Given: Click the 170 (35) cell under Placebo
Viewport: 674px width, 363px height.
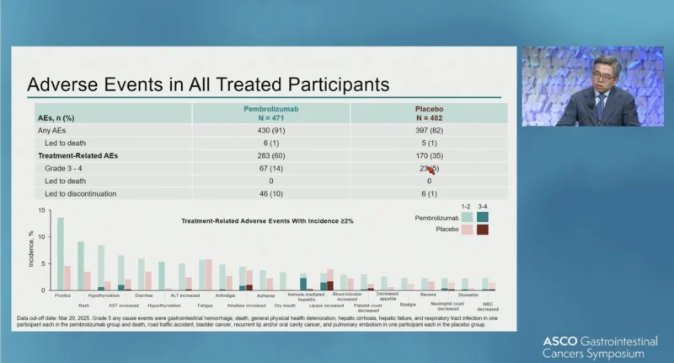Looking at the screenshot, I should click(429, 155).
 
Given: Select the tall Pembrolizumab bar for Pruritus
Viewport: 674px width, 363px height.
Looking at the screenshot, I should click(60, 253).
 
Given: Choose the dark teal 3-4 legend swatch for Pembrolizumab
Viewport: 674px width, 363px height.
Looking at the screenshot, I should click(482, 218).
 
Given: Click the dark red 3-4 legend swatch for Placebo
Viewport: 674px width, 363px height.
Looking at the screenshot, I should click(482, 230).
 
